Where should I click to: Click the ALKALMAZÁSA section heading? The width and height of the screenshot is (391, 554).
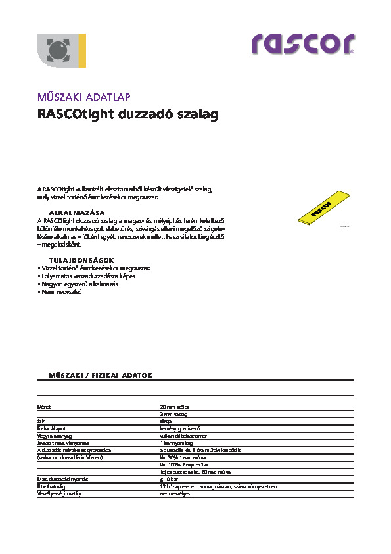pyautogui.click(x=78, y=213)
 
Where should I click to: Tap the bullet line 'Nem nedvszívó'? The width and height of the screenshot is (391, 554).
pyautogui.click(x=60, y=291)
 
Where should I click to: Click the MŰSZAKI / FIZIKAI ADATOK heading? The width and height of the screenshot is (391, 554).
pyautogui.click(x=101, y=374)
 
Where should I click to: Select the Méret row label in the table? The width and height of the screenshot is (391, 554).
pyautogui.click(x=44, y=407)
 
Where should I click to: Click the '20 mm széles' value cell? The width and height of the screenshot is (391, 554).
pyautogui.click(x=174, y=407)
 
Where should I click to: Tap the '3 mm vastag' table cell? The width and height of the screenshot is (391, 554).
pyautogui.click(x=174, y=414)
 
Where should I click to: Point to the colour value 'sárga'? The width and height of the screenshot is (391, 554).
pyautogui.click(x=167, y=420)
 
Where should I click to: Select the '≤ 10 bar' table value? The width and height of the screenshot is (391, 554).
pyautogui.click(x=170, y=479)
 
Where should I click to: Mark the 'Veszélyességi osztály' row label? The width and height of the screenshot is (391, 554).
pyautogui.click(x=59, y=492)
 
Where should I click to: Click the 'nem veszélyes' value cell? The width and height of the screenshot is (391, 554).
pyautogui.click(x=175, y=492)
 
